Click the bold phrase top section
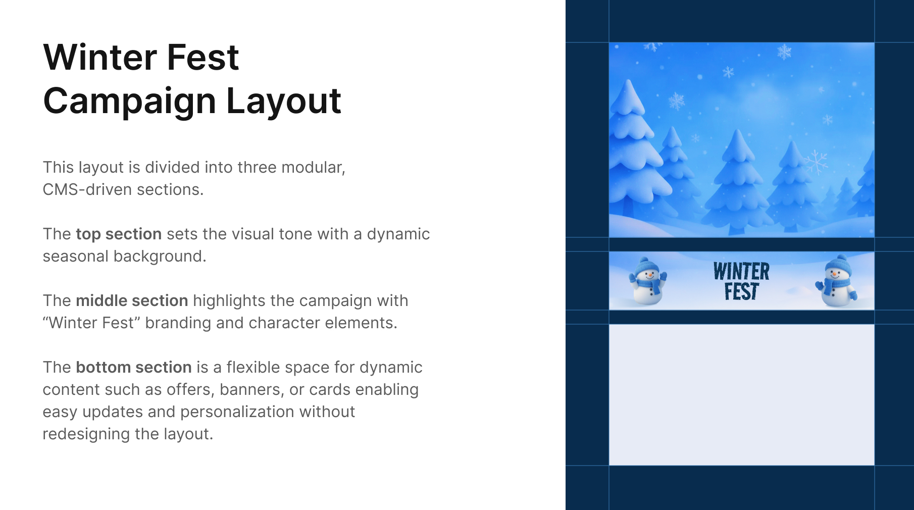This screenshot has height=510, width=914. coord(119,234)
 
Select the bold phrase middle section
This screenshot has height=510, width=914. coord(132,300)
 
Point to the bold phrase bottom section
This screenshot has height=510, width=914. coord(134,367)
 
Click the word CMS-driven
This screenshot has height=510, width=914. coord(87,189)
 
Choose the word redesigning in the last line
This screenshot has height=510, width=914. coord(86,434)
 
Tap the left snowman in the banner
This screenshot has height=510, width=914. coord(647,281)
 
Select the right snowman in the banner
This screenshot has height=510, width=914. coord(836,281)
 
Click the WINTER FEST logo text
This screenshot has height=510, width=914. coord(741,281)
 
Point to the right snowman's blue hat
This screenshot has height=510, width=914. coord(838,264)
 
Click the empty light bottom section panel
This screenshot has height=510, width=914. coord(741,395)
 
